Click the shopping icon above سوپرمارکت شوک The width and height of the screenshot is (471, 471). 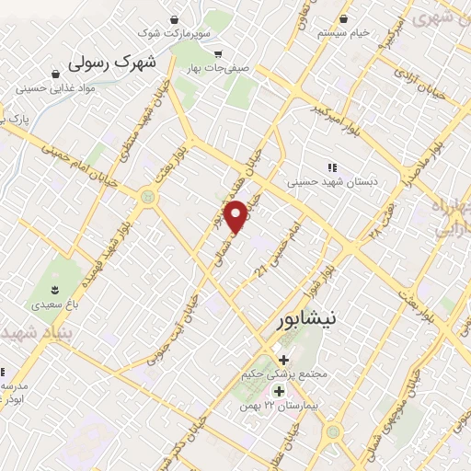click(175, 17)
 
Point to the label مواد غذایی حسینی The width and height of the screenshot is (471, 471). click(56, 88)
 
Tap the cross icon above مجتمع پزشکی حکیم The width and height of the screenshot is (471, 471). click(282, 359)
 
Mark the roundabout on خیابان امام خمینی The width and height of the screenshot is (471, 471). click(146, 196)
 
